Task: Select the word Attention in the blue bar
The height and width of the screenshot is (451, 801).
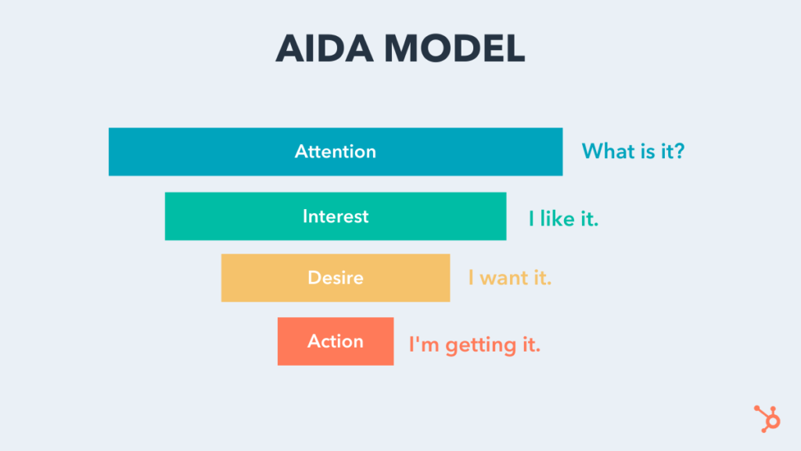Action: pyautogui.click(x=335, y=152)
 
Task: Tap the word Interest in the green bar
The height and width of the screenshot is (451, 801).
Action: pyautogui.click(x=335, y=216)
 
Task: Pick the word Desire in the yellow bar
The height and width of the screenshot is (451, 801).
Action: pyautogui.click(x=335, y=278)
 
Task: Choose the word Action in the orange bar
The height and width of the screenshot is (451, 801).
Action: pyautogui.click(x=335, y=341)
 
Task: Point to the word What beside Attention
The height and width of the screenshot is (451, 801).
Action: pyautogui.click(x=608, y=151)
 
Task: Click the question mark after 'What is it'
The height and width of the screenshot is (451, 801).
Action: pyautogui.click(x=678, y=151)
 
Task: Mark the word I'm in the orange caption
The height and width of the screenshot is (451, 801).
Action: pyautogui.click(x=424, y=344)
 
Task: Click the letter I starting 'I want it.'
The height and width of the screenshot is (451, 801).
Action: pyautogui.click(x=471, y=278)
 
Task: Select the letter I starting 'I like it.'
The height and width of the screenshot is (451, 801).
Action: pyautogui.click(x=531, y=218)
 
